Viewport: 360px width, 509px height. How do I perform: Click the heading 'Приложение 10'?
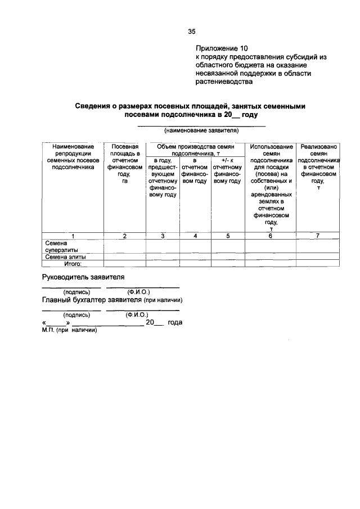click(x=222, y=48)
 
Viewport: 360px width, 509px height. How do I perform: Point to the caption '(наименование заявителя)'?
click(x=201, y=130)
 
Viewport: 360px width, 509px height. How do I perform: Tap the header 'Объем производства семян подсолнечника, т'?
click(x=195, y=149)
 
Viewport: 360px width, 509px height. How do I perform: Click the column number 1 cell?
click(x=72, y=236)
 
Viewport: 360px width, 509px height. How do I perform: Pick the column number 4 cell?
click(x=195, y=236)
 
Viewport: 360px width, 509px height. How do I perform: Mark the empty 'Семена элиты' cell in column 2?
click(x=124, y=256)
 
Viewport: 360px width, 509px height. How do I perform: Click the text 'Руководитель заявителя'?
click(x=83, y=277)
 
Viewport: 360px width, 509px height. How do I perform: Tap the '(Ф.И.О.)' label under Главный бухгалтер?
click(x=137, y=315)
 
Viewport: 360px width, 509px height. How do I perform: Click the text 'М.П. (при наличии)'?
click(x=70, y=331)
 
